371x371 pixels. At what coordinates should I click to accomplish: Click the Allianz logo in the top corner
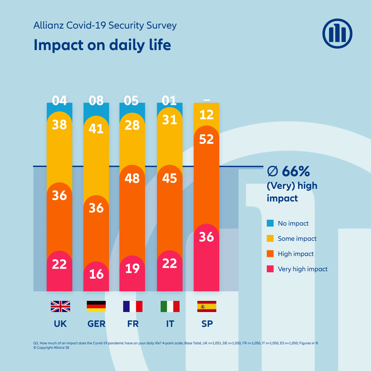coord(337,33)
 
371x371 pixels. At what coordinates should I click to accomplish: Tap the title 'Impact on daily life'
coord(102,45)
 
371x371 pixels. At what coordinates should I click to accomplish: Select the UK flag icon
coord(60,306)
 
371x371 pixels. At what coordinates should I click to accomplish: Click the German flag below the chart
coord(96,306)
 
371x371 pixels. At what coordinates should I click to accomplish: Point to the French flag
coord(132,306)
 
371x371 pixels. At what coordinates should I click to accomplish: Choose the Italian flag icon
coord(170,306)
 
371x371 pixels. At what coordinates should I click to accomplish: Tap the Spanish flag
coord(207,306)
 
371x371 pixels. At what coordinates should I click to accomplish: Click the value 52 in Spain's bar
coord(207,139)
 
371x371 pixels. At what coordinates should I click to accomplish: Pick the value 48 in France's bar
coord(132,178)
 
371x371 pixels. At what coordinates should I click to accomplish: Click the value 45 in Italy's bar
coord(170,178)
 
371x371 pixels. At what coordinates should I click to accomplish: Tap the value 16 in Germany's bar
coord(96,274)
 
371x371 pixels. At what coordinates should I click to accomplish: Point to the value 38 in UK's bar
coord(59,125)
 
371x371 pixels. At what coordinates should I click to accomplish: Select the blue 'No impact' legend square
coord(270,223)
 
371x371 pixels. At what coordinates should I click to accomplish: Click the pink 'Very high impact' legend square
coord(270,269)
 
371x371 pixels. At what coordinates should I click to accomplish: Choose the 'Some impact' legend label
coord(297,239)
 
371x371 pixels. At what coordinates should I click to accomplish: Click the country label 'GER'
coord(96,324)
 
